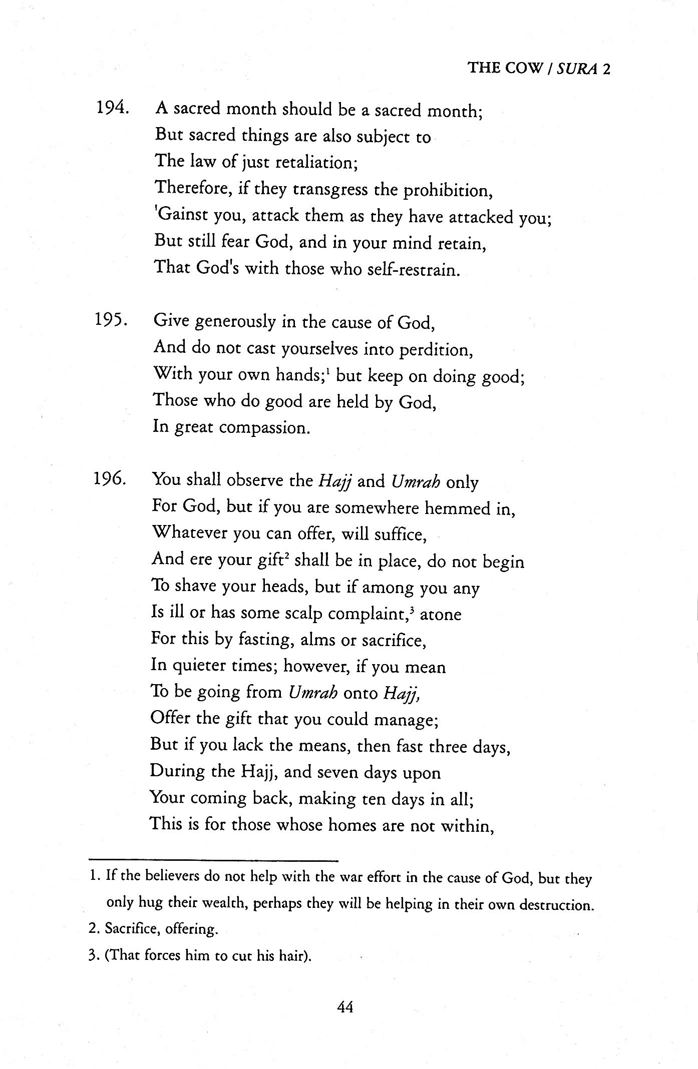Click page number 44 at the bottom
point(345,1006)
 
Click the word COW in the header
point(524,69)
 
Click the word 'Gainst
point(181,217)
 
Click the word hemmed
point(456,508)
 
